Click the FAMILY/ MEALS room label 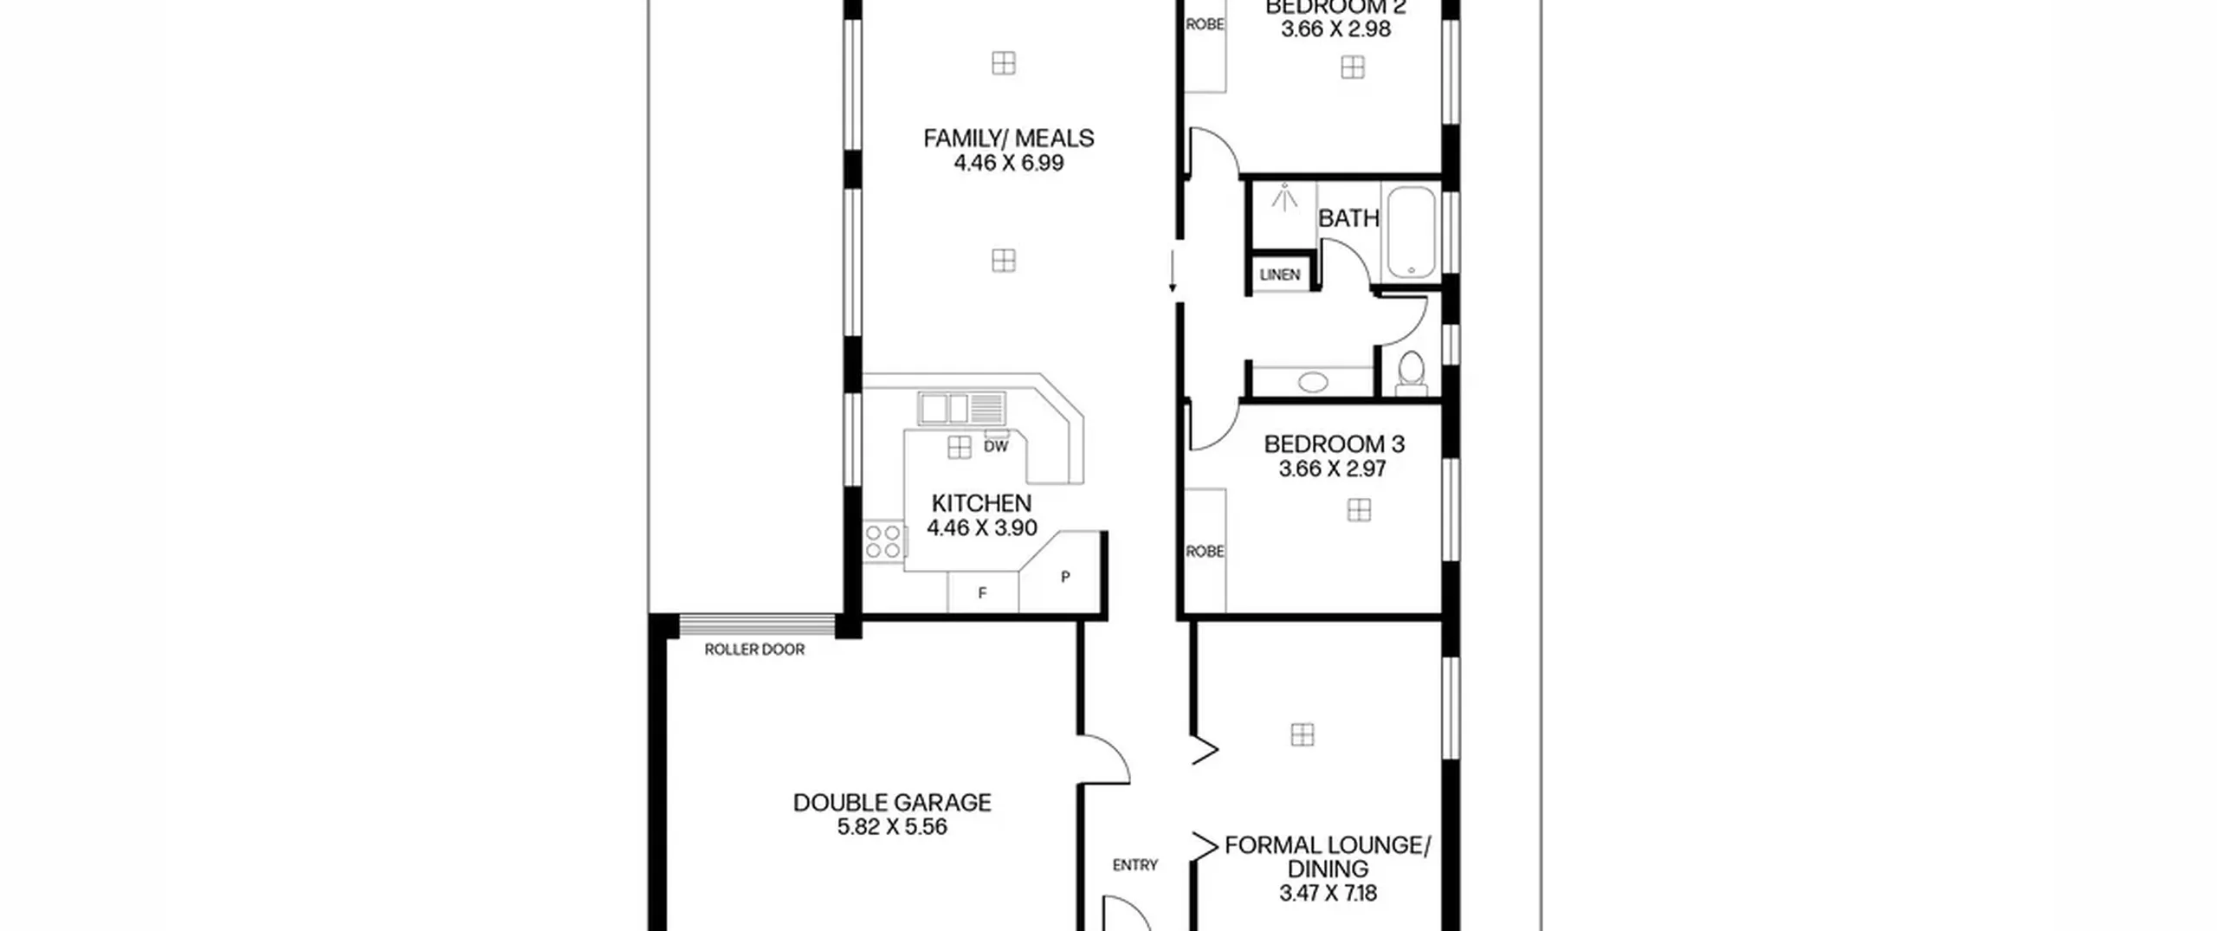coord(1009,139)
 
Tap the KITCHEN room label coord(981,503)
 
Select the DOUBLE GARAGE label coord(892,803)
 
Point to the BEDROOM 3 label coord(1334,444)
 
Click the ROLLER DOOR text coord(754,650)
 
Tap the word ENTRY coord(1135,865)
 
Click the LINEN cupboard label coord(1280,275)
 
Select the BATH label coord(1348,218)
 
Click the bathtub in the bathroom coord(1412,232)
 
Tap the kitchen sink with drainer coord(962,408)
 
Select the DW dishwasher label coord(996,447)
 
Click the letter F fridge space coord(982,593)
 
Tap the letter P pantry coord(1065,577)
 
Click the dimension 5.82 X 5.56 coord(892,827)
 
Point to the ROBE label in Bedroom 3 coord(1205,552)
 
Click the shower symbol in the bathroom coord(1284,198)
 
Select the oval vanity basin coord(1313,382)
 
